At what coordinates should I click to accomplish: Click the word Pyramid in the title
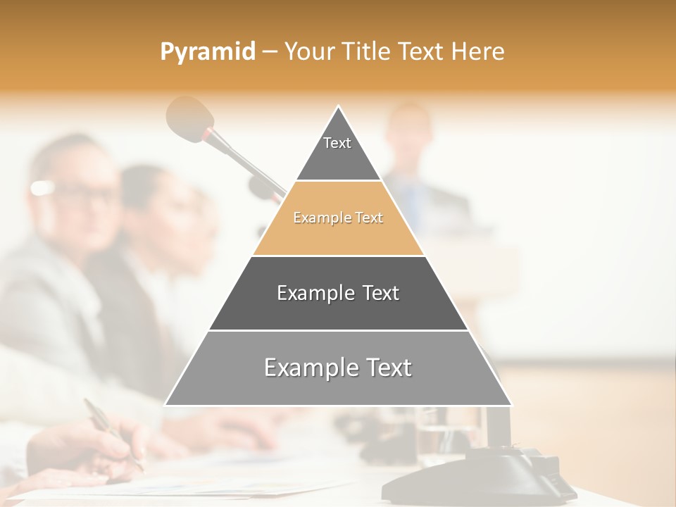(x=207, y=52)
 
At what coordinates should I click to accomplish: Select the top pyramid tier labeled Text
(x=337, y=148)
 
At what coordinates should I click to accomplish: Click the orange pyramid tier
(x=338, y=218)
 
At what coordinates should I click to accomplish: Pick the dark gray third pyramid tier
(x=338, y=294)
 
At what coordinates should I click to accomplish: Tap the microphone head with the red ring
(x=189, y=117)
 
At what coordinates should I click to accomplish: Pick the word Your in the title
(x=307, y=51)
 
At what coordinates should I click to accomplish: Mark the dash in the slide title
(x=269, y=52)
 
